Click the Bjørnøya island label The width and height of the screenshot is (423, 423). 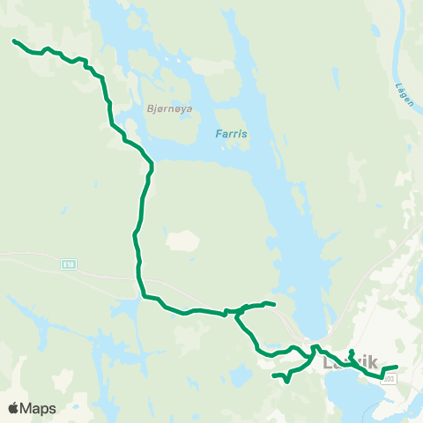[x=172, y=109]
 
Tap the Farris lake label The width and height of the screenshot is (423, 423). [x=232, y=135]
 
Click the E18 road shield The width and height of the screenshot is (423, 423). [x=69, y=263]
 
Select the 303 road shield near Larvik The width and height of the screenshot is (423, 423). [x=390, y=376]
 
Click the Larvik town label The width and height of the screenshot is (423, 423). [x=350, y=362]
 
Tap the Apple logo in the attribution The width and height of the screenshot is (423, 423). [x=13, y=409]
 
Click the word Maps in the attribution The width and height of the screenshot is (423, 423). [x=38, y=409]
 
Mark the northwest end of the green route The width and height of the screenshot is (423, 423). [x=13, y=41]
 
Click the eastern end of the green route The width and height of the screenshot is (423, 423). [x=397, y=367]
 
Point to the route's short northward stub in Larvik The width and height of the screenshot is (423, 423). [x=352, y=352]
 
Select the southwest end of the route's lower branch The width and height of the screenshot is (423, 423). [x=274, y=376]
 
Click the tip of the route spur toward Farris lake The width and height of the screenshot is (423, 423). [x=275, y=305]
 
